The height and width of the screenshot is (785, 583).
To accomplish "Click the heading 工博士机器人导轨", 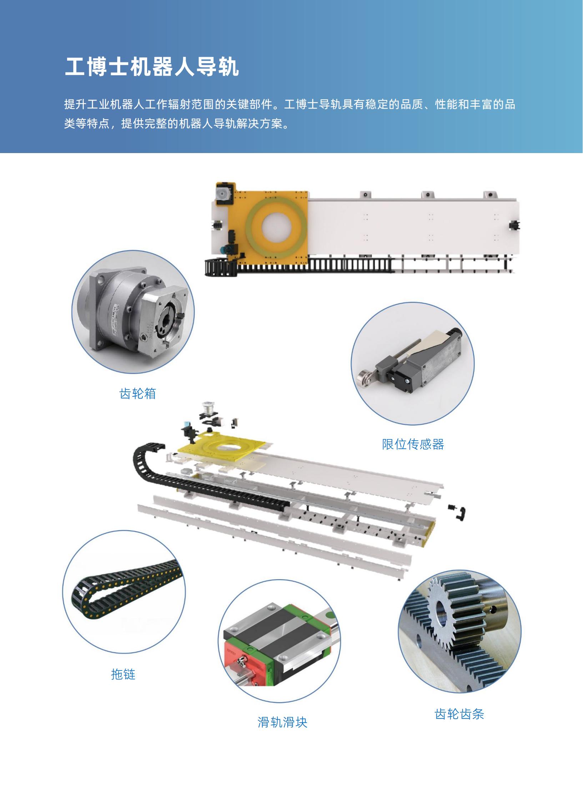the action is click(152, 66).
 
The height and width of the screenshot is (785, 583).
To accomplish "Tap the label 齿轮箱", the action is click(137, 394).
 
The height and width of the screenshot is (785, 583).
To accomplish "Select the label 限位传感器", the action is click(413, 444).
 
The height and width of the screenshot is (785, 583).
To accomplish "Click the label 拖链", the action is click(123, 674).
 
